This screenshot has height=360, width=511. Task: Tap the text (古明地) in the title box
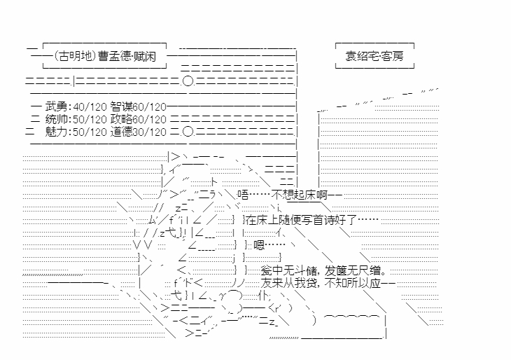click(x=70, y=55)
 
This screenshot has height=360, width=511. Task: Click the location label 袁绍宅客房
click(x=374, y=55)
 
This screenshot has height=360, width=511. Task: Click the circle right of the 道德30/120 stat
click(x=187, y=131)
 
